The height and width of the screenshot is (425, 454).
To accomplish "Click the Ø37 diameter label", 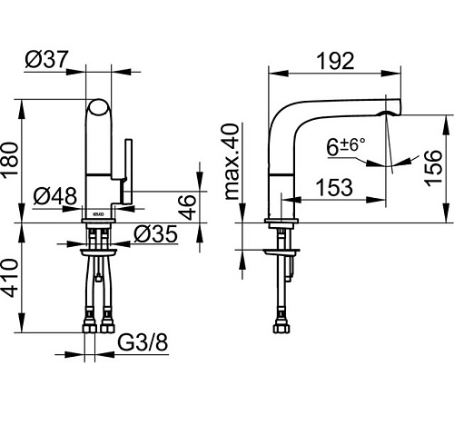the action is [47, 59].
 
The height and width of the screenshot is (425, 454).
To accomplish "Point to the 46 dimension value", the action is [188, 207].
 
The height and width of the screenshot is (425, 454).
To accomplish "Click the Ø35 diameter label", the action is [155, 234].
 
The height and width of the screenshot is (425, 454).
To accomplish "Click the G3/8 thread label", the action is [143, 342].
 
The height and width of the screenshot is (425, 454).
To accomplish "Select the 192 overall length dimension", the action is [335, 61].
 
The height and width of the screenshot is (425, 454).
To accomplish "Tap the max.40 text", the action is [232, 162].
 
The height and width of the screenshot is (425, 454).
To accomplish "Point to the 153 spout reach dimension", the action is [334, 187].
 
